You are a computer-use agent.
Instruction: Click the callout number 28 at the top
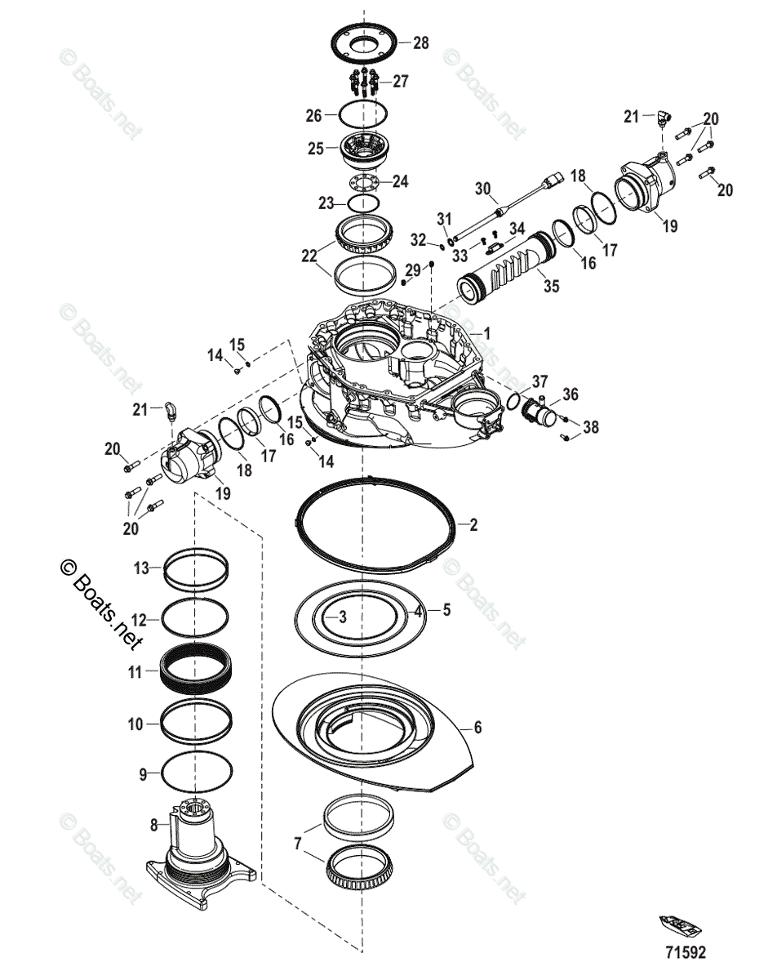tap(420, 43)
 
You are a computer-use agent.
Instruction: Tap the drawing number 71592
tap(685, 952)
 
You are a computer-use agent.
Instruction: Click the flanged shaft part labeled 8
tap(199, 857)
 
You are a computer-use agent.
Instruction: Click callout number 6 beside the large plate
tap(478, 726)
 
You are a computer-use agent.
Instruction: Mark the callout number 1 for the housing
tap(486, 333)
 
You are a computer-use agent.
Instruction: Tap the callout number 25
tap(315, 148)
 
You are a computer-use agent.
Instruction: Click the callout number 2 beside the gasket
tap(473, 525)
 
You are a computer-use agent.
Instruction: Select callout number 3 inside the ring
tap(343, 617)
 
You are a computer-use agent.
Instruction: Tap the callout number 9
tap(143, 773)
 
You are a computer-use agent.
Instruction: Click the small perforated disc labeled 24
tap(365, 181)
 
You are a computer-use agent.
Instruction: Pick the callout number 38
tap(590, 425)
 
